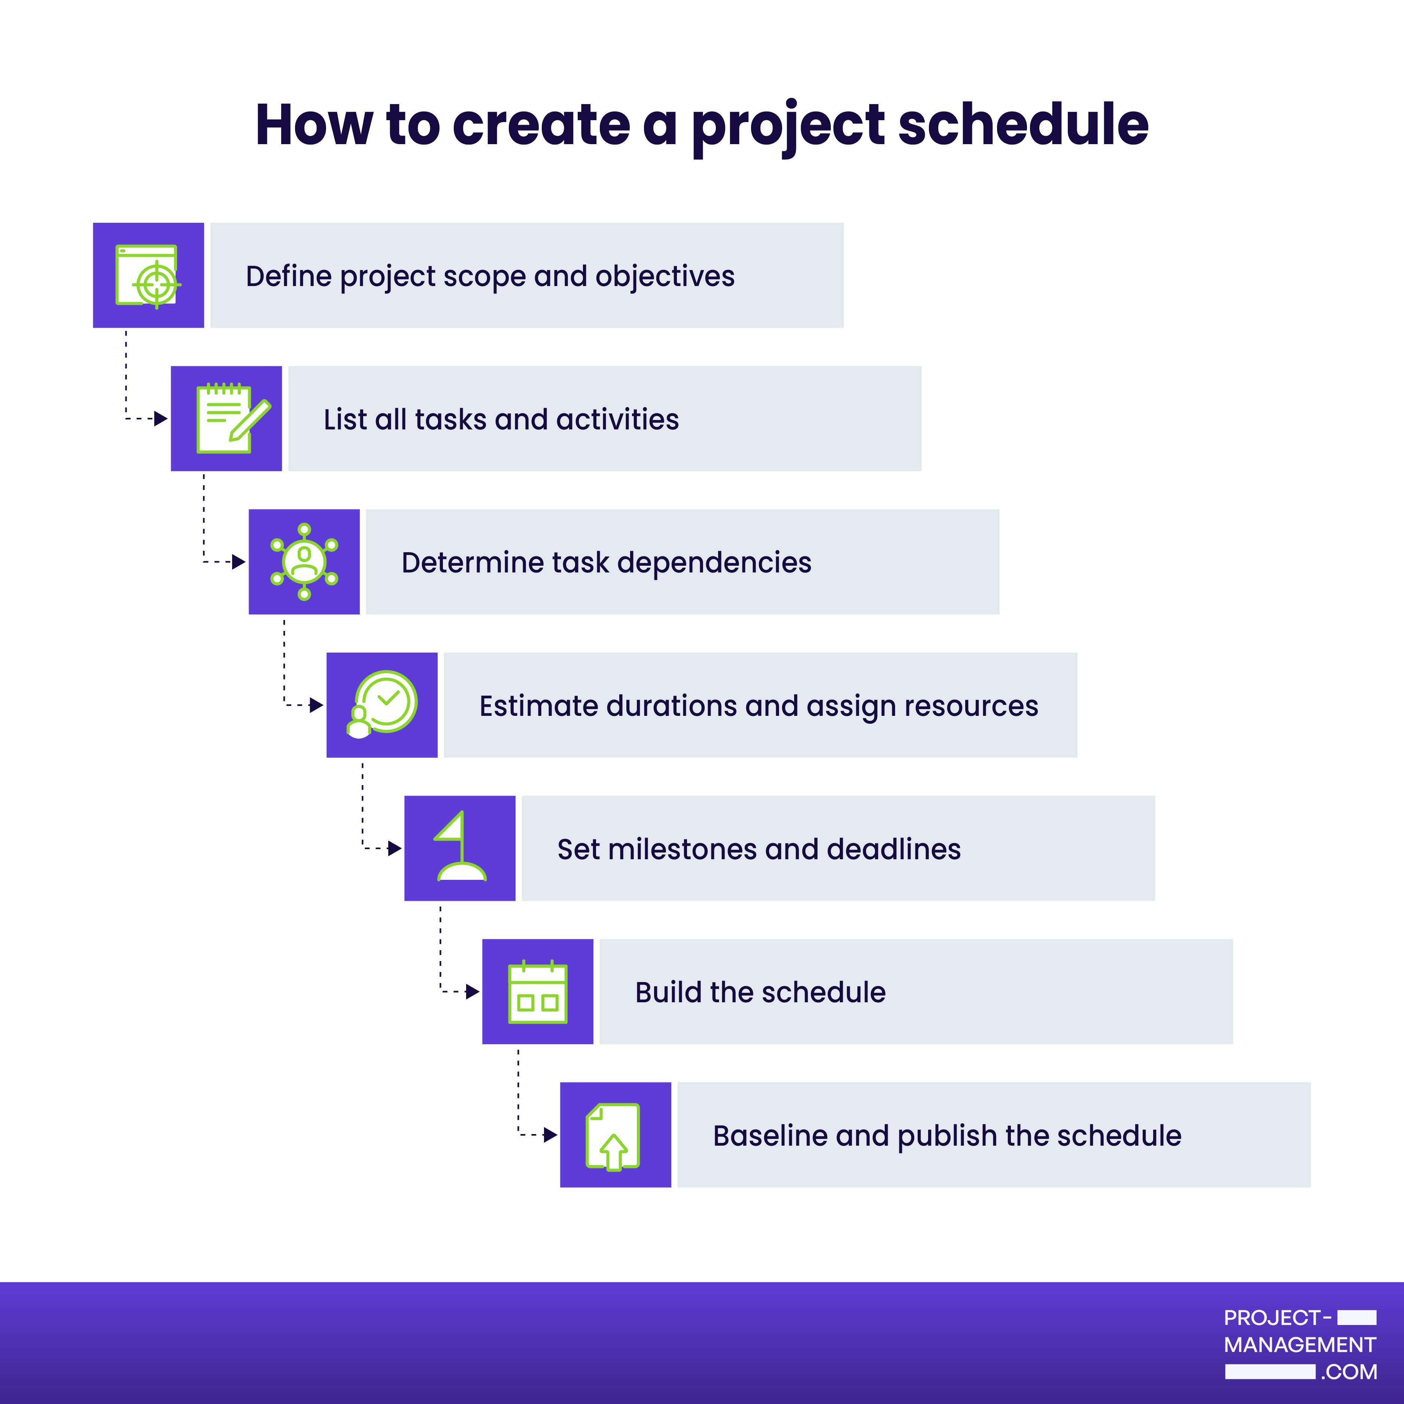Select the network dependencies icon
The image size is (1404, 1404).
304,562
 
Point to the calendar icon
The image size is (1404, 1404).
538,991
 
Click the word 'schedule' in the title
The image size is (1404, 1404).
1023,124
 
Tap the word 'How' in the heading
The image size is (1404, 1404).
314,125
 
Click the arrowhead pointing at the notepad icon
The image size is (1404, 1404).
161,419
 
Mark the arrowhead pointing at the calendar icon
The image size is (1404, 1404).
472,991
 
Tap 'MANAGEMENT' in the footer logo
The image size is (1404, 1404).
1299,1345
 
